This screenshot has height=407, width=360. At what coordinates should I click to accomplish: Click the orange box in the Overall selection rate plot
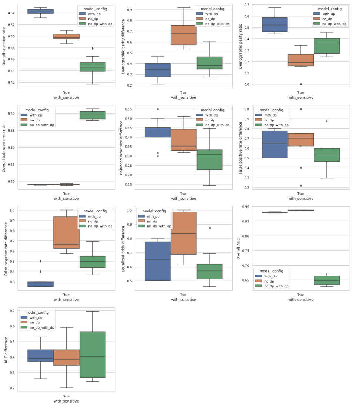pos(67,37)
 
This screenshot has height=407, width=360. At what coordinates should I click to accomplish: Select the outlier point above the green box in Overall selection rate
pos(92,48)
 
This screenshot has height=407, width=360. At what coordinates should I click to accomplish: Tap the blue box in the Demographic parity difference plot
pos(158,70)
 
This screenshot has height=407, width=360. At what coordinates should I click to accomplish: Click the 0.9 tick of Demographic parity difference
pos(129,10)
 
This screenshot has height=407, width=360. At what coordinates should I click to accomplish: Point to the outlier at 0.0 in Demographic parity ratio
pos(301,84)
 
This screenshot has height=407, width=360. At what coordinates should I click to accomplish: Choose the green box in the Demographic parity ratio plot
pos(327,46)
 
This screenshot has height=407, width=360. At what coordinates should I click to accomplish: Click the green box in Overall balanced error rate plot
pos(92,115)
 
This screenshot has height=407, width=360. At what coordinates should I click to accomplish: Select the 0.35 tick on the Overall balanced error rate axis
pos(11,131)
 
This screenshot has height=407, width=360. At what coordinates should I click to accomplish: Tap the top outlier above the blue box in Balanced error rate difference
pos(158,109)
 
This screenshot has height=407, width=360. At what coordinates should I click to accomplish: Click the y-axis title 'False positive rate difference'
pos(240,147)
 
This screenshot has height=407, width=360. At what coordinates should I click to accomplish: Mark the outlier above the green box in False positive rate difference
pos(327,121)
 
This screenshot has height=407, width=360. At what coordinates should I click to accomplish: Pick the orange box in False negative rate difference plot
pos(67,233)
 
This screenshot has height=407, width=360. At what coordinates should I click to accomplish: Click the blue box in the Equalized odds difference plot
pos(158,261)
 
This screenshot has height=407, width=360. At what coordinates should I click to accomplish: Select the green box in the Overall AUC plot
pos(327,280)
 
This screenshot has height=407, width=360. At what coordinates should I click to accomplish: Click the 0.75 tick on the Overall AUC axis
pos(246,251)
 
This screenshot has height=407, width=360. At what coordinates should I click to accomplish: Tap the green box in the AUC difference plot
pos(92,354)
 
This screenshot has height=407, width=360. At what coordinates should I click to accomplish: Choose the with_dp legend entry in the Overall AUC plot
pos(266,276)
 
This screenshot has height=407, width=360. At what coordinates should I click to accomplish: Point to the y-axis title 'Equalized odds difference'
pos(123,249)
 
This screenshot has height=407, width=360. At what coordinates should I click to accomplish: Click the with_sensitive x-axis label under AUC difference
pos(67,401)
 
